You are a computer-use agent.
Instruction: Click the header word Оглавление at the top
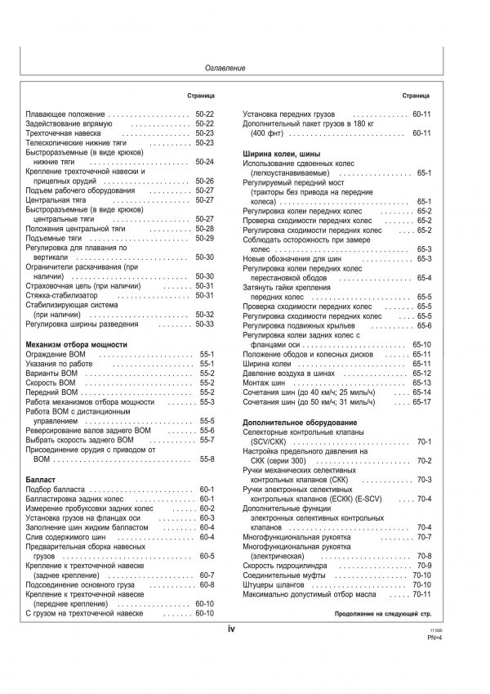coord(225,69)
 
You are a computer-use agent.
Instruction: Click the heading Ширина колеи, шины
coord(281,154)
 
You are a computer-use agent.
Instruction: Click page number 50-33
coord(204,325)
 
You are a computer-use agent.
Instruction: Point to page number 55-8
coord(204,459)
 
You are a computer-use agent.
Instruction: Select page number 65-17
coord(422,401)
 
